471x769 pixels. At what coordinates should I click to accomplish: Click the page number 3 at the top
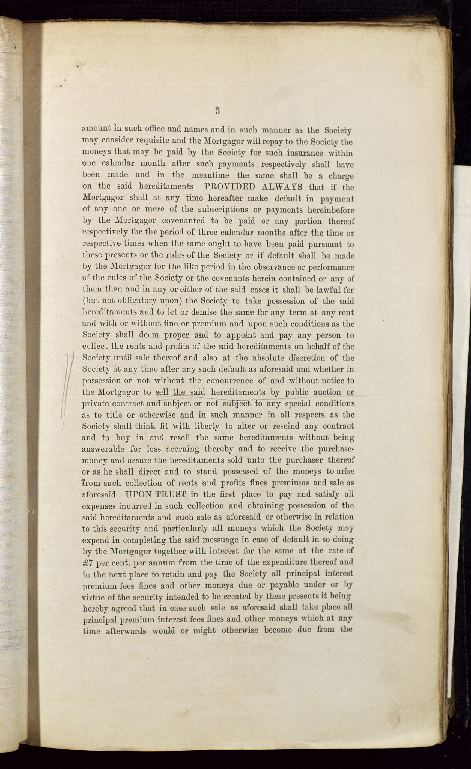pos(217,110)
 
